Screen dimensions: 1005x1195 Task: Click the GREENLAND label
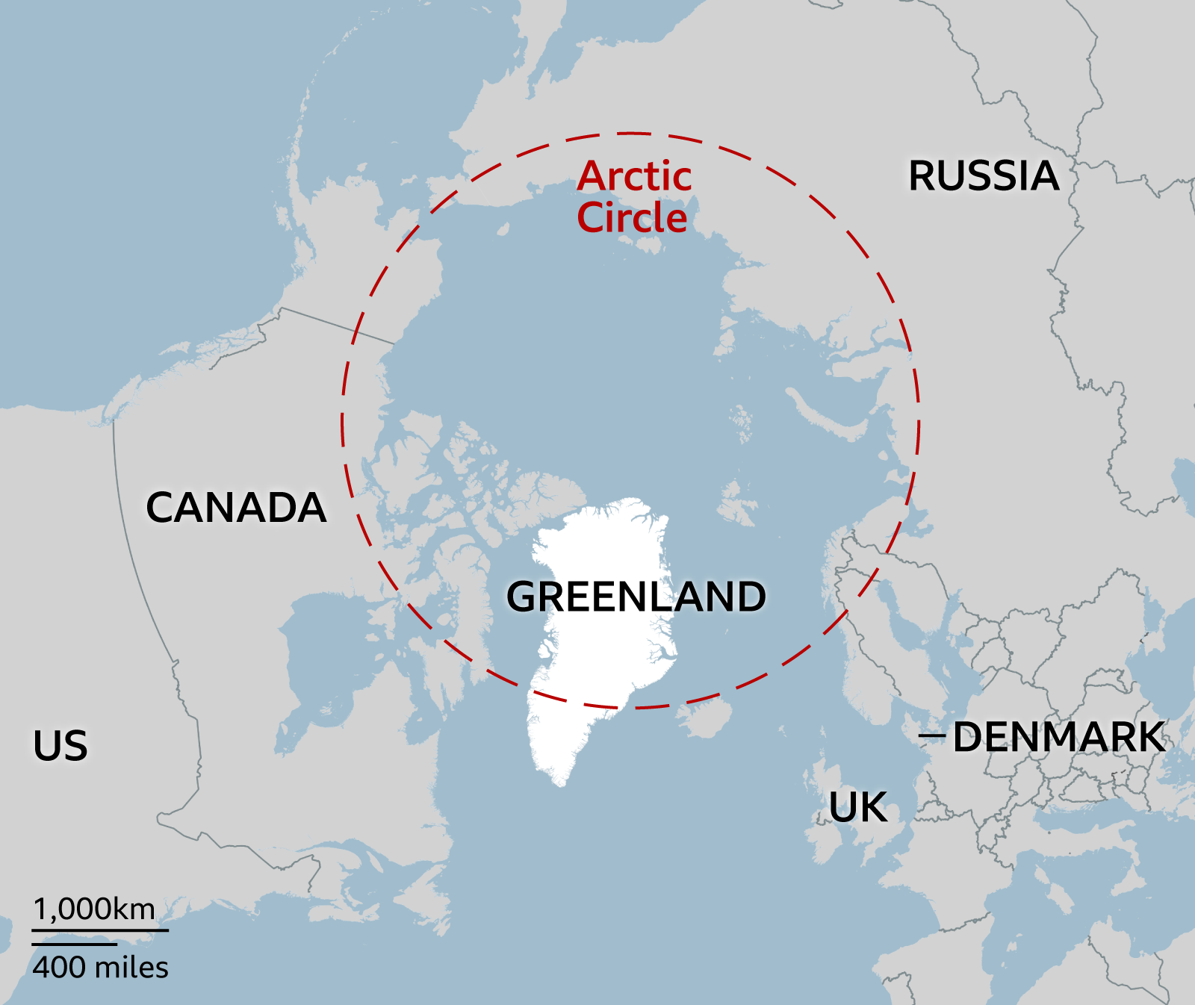[636, 597]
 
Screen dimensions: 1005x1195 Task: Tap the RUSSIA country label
[983, 176]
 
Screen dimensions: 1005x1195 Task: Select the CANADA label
[236, 508]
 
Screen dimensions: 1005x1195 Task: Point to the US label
[60, 745]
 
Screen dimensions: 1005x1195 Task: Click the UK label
[858, 807]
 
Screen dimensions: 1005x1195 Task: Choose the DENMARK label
[1058, 737]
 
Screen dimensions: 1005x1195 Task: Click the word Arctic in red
[634, 177]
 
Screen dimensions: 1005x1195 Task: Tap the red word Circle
[632, 218]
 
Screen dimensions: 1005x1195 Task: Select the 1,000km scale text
[95, 909]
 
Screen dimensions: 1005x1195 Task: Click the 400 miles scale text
[101, 968]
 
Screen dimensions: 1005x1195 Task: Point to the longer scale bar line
[100, 930]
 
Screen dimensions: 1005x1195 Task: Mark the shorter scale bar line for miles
[74, 944]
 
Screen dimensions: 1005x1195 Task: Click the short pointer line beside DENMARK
[932, 736]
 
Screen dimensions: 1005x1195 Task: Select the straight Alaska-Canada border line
[336, 326]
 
